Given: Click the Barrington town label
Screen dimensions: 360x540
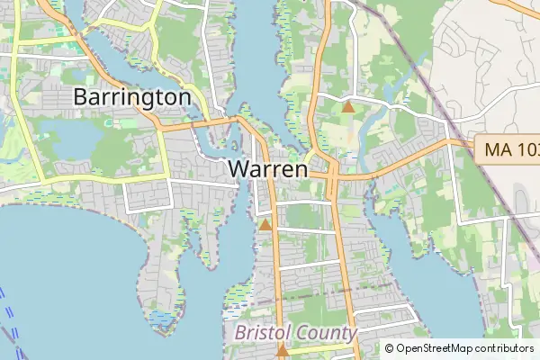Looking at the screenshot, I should point(132,97).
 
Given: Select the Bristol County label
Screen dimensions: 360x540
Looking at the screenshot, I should point(295,333).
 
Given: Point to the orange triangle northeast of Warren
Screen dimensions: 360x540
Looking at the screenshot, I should point(348,107).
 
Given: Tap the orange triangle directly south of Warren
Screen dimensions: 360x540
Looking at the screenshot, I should point(265,224).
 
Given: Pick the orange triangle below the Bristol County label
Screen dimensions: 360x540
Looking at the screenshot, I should point(283,351).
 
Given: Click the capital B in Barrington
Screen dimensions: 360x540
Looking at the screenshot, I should point(82,97).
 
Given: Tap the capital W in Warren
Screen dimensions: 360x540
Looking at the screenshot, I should point(238,168).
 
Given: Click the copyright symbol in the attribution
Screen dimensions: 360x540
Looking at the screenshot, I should point(390,348).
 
